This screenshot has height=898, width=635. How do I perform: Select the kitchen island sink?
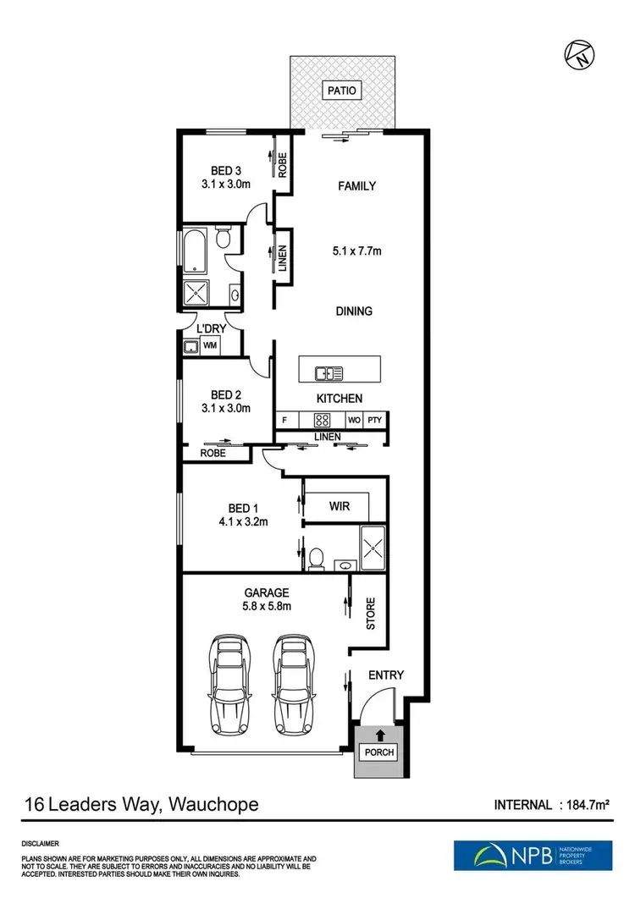328,372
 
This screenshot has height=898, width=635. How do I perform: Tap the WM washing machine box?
208,345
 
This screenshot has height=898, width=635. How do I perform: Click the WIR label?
339,506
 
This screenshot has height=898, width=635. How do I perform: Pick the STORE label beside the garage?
370,614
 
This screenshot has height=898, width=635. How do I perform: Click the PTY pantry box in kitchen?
375,419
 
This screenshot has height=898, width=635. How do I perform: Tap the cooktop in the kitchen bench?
322,419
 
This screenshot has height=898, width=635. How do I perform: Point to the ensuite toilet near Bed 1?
317,559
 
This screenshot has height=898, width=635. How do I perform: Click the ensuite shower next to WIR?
372,548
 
